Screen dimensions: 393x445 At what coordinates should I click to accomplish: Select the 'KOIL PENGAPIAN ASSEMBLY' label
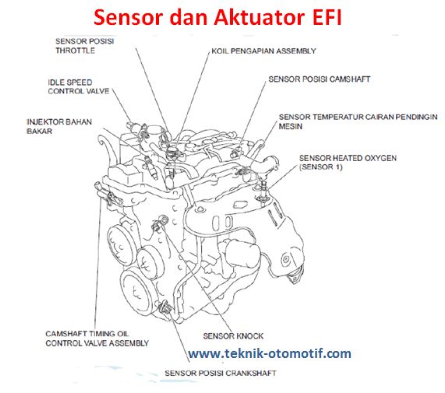coord(263,51)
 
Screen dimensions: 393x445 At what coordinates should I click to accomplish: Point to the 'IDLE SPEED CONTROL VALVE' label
coord(80,86)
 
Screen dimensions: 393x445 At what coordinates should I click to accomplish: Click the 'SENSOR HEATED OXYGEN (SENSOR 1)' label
coord(348,163)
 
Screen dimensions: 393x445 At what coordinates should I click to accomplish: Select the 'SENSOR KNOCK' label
coord(232,336)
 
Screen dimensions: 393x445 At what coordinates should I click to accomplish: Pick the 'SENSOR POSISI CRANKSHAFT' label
coord(220,373)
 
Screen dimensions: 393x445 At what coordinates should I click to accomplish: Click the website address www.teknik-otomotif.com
coord(270,354)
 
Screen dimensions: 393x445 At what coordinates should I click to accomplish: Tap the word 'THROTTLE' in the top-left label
coord(75,51)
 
